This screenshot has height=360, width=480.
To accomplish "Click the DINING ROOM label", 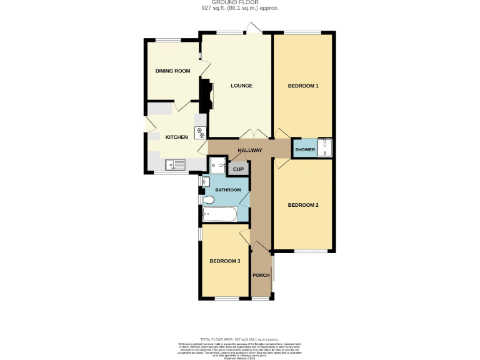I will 172,71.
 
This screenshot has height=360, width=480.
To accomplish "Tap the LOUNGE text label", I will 241,86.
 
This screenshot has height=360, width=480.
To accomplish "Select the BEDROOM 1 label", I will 303,86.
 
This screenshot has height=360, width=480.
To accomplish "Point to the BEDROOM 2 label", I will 303,205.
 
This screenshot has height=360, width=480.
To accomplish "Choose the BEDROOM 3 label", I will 225,261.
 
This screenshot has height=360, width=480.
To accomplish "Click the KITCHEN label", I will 176,137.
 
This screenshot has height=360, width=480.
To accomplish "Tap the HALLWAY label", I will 249,150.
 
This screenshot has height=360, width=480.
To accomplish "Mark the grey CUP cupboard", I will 238,169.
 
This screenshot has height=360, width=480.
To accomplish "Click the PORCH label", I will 260,275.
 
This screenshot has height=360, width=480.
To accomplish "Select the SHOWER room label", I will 305,150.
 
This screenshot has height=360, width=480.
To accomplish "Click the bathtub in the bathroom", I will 219,215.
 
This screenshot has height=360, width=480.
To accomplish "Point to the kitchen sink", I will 176,164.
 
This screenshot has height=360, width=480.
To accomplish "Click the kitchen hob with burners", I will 201,132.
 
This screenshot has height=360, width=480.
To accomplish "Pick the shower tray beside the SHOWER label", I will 325,148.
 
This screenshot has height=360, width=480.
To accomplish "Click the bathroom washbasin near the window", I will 206,181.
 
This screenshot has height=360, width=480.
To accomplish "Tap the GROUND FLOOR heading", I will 239,2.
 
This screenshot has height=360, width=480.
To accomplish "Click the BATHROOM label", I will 228,189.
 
